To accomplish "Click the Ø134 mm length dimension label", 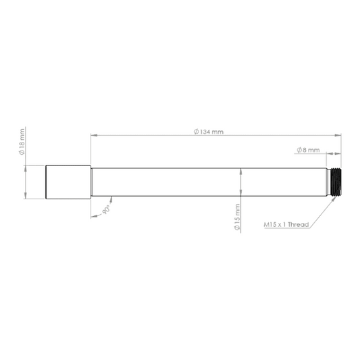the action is coord(209,132).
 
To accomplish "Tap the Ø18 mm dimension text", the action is coord(22,142).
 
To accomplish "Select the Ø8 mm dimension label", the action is coord(308,150).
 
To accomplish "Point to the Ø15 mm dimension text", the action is coord(237,217).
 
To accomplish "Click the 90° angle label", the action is coord(107,210).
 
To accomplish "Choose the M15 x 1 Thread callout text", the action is coord(286,224).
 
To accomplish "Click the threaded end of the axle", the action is coord(335,182).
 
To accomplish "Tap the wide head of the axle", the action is coord(68,182).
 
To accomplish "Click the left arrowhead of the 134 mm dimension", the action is coord(94,135).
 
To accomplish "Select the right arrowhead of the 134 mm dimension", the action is coord(338,135).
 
